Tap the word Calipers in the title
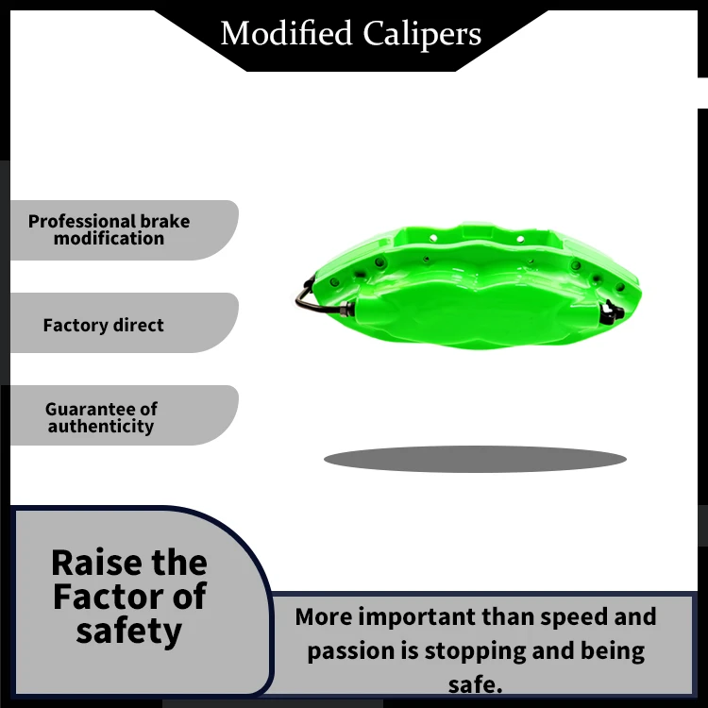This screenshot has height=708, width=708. pyautogui.click(x=422, y=34)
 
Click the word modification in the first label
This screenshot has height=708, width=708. pyautogui.click(x=109, y=239)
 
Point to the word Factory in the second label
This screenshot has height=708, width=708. pyautogui.click(x=76, y=326)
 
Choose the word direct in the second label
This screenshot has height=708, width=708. pyautogui.click(x=138, y=326)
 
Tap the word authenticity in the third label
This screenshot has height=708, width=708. pyautogui.click(x=101, y=427)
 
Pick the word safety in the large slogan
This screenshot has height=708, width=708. pyautogui.click(x=129, y=631)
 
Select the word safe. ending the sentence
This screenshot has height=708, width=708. pyautogui.click(x=475, y=684)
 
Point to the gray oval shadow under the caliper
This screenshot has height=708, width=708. pyautogui.click(x=475, y=460)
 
